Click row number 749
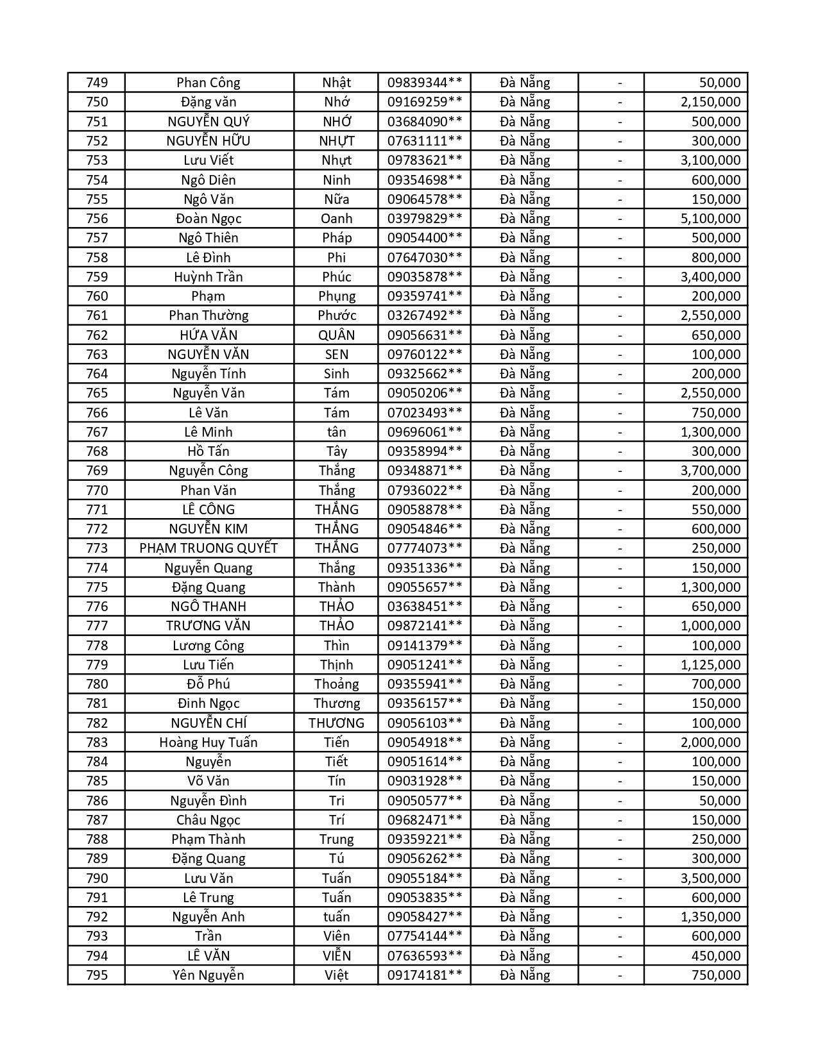pyautogui.click(x=97, y=83)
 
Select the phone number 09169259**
pyautogui.click(x=424, y=102)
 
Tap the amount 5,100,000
pyautogui.click(x=710, y=219)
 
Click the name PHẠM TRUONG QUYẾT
pyautogui.click(x=209, y=548)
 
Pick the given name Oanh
pyautogui.click(x=336, y=219)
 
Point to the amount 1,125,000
pyautogui.click(x=710, y=665)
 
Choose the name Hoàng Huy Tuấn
pyautogui.click(x=209, y=743)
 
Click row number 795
pyautogui.click(x=97, y=975)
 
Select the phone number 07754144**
pyautogui.click(x=424, y=936)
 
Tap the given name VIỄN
pyautogui.click(x=336, y=956)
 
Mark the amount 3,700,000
pyautogui.click(x=710, y=471)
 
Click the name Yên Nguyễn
pyautogui.click(x=209, y=975)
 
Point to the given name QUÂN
pyautogui.click(x=336, y=335)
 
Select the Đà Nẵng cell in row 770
pyautogui.click(x=525, y=491)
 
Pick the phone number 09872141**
pyautogui.click(x=424, y=626)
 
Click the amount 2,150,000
pyautogui.click(x=710, y=102)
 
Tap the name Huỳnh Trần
pyautogui.click(x=209, y=277)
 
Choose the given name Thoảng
pyautogui.click(x=336, y=684)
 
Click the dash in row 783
pyautogui.click(x=620, y=743)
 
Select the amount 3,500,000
pyautogui.click(x=710, y=878)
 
